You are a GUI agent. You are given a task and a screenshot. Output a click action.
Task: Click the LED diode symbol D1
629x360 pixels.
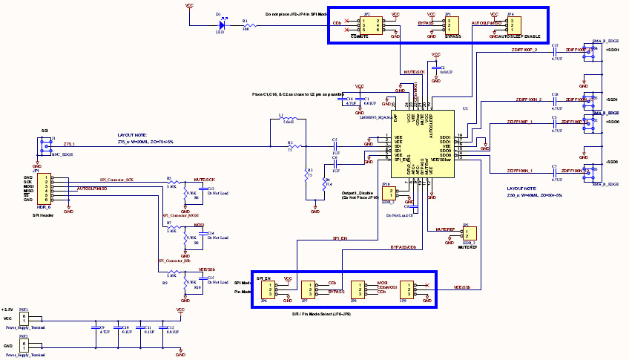(x=220, y=23)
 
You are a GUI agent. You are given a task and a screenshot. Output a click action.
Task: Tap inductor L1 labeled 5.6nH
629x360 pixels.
(x=287, y=120)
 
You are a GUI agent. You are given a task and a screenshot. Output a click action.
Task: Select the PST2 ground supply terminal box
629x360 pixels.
(x=24, y=346)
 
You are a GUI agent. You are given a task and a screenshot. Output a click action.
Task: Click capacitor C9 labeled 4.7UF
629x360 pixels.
(x=95, y=327)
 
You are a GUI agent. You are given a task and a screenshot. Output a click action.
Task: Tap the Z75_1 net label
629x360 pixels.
(x=69, y=143)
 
